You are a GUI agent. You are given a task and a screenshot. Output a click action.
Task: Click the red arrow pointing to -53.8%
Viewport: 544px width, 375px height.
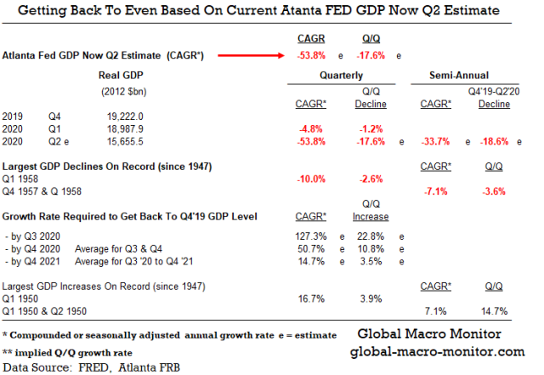pyautogui.click(x=251, y=56)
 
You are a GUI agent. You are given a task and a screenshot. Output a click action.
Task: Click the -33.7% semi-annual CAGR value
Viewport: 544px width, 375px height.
pyautogui.click(x=436, y=141)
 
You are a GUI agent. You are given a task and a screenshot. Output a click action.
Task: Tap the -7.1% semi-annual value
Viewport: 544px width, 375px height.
pyautogui.click(x=436, y=192)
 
